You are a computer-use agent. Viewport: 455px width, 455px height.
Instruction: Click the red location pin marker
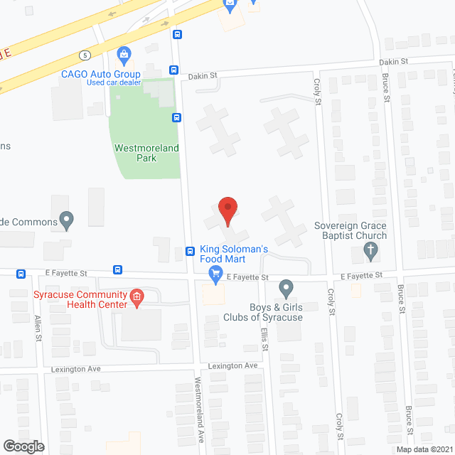pyautogui.click(x=227, y=211)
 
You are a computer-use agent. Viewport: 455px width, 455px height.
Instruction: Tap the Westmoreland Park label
pyautogui.click(x=146, y=153)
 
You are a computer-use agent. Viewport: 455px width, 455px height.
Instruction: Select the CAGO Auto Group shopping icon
pyautogui.click(x=124, y=54)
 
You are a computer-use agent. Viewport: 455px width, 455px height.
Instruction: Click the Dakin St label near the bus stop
pyautogui.click(x=203, y=75)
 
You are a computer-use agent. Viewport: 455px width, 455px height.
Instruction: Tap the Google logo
pyautogui.click(x=23, y=446)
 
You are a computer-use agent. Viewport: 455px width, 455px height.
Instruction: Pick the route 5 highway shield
pyautogui.click(x=85, y=54)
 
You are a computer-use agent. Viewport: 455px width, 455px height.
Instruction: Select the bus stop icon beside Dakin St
pyautogui.click(x=173, y=70)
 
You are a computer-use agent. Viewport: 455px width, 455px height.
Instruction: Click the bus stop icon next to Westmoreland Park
pyautogui.click(x=176, y=117)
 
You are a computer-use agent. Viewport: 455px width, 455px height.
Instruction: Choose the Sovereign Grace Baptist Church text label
pyautogui.click(x=351, y=230)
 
